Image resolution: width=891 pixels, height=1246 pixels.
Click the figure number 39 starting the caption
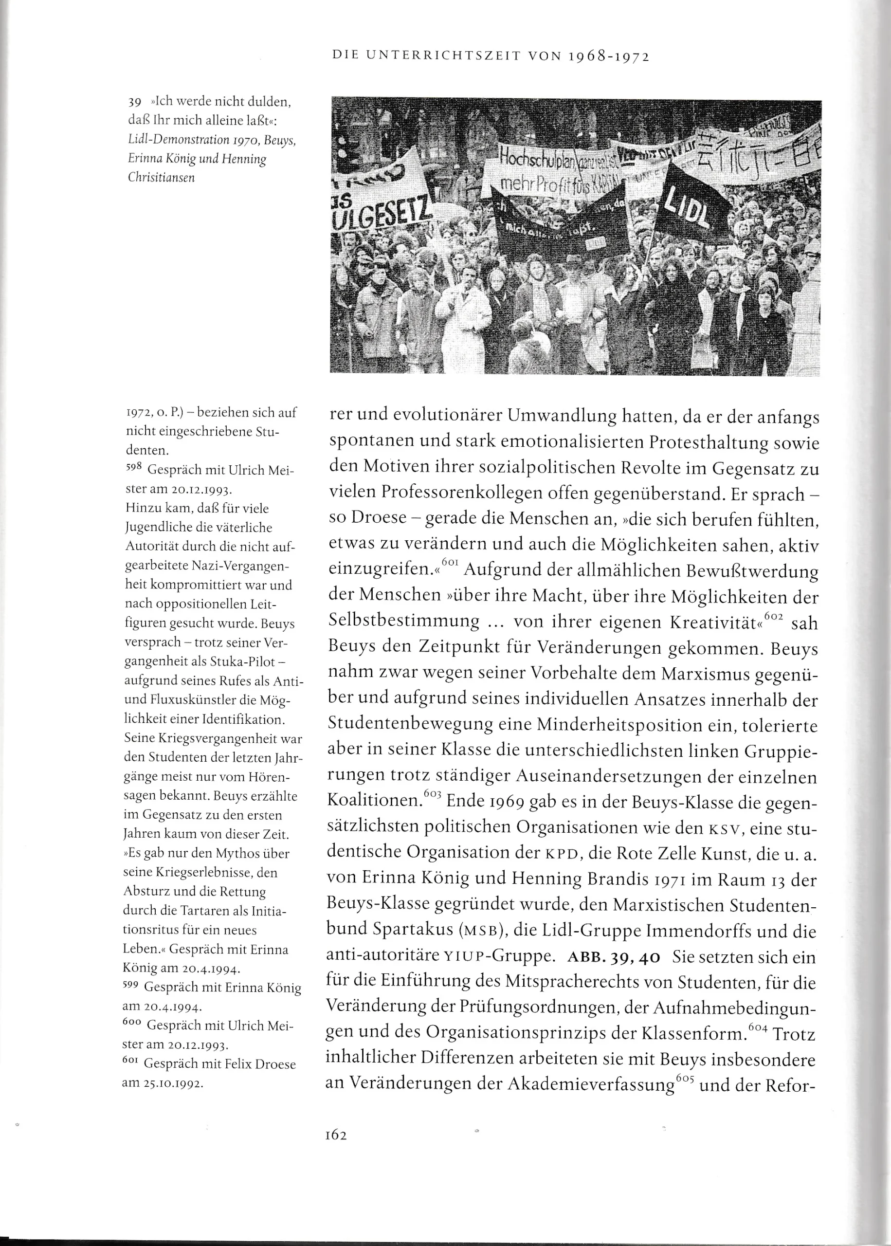click(x=134, y=102)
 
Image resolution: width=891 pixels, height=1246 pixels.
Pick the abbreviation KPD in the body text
click(x=560, y=854)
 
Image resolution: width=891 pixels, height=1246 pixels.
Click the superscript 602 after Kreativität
click(x=774, y=617)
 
